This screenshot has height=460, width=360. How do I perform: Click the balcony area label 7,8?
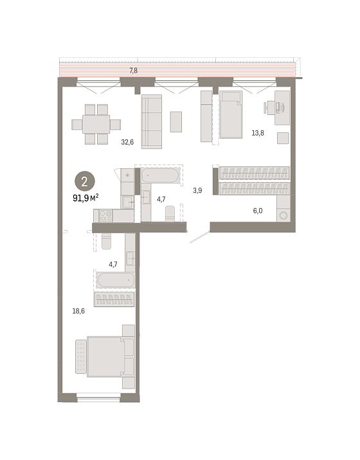point(133,71)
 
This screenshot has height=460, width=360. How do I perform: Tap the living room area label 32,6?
point(127,142)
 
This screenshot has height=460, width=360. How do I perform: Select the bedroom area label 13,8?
point(258,133)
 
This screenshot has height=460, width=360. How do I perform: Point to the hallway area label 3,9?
point(197,191)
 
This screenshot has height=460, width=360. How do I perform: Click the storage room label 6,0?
point(258,211)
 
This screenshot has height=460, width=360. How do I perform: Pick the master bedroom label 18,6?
point(78,311)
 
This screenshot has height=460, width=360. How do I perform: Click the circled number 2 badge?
point(85,182)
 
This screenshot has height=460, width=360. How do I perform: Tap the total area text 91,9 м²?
point(85,199)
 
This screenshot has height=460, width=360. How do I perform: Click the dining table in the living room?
point(96,124)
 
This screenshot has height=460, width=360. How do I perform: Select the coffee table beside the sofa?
point(176,121)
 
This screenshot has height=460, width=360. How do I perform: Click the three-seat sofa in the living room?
point(152,121)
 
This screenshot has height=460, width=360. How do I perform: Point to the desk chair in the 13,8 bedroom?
point(270,107)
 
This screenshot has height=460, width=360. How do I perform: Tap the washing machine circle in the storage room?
point(283,216)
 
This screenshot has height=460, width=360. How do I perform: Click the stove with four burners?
point(105,216)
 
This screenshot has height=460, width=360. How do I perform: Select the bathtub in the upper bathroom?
point(160,175)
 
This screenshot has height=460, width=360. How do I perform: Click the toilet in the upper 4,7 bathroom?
point(170,213)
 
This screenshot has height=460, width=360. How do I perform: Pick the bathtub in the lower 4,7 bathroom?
point(115,280)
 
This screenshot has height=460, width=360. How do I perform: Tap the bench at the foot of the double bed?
point(81,357)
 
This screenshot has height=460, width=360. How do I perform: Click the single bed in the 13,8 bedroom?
point(231,114)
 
